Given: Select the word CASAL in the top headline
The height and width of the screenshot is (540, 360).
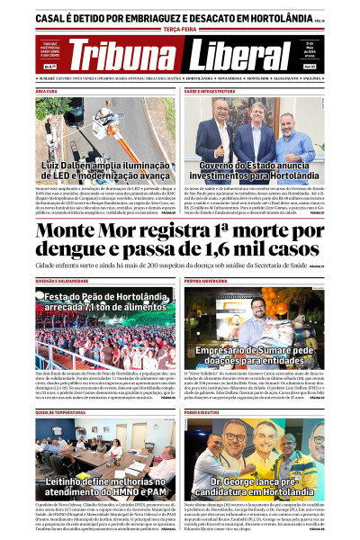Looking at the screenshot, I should click(x=55, y=17).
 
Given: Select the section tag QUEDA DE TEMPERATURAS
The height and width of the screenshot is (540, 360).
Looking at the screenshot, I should click(x=62, y=411).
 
